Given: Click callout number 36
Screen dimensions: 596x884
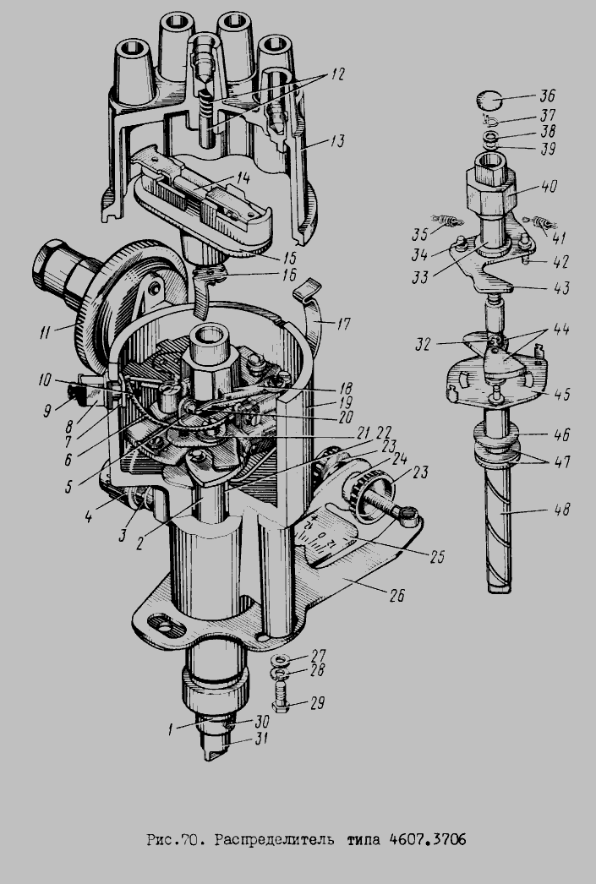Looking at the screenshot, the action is [x=547, y=95].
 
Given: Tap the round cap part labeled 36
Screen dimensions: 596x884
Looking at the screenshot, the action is [x=489, y=101].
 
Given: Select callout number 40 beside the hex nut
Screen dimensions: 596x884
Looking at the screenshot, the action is [x=548, y=187].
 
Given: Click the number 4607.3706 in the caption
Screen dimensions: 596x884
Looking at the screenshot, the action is [x=428, y=839].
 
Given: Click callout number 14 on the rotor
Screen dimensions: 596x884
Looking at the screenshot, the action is [x=243, y=177].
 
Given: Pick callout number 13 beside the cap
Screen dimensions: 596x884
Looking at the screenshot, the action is [x=336, y=140].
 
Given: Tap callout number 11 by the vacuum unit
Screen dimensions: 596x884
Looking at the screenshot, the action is [x=45, y=332].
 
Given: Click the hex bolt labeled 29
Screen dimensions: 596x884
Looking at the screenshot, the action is [x=281, y=697].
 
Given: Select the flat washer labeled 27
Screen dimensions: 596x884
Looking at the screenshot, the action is [x=280, y=659].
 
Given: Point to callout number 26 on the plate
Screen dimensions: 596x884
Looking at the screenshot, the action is [x=397, y=595].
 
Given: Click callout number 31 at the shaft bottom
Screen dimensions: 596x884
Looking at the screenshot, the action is [x=261, y=738].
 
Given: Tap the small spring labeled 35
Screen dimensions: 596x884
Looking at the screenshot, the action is [x=447, y=220].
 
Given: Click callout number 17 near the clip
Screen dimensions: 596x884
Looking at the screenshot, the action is [x=342, y=325].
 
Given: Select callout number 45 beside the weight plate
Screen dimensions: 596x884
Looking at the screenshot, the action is [x=561, y=394].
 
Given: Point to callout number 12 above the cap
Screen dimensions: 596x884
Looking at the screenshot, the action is [x=337, y=74].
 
